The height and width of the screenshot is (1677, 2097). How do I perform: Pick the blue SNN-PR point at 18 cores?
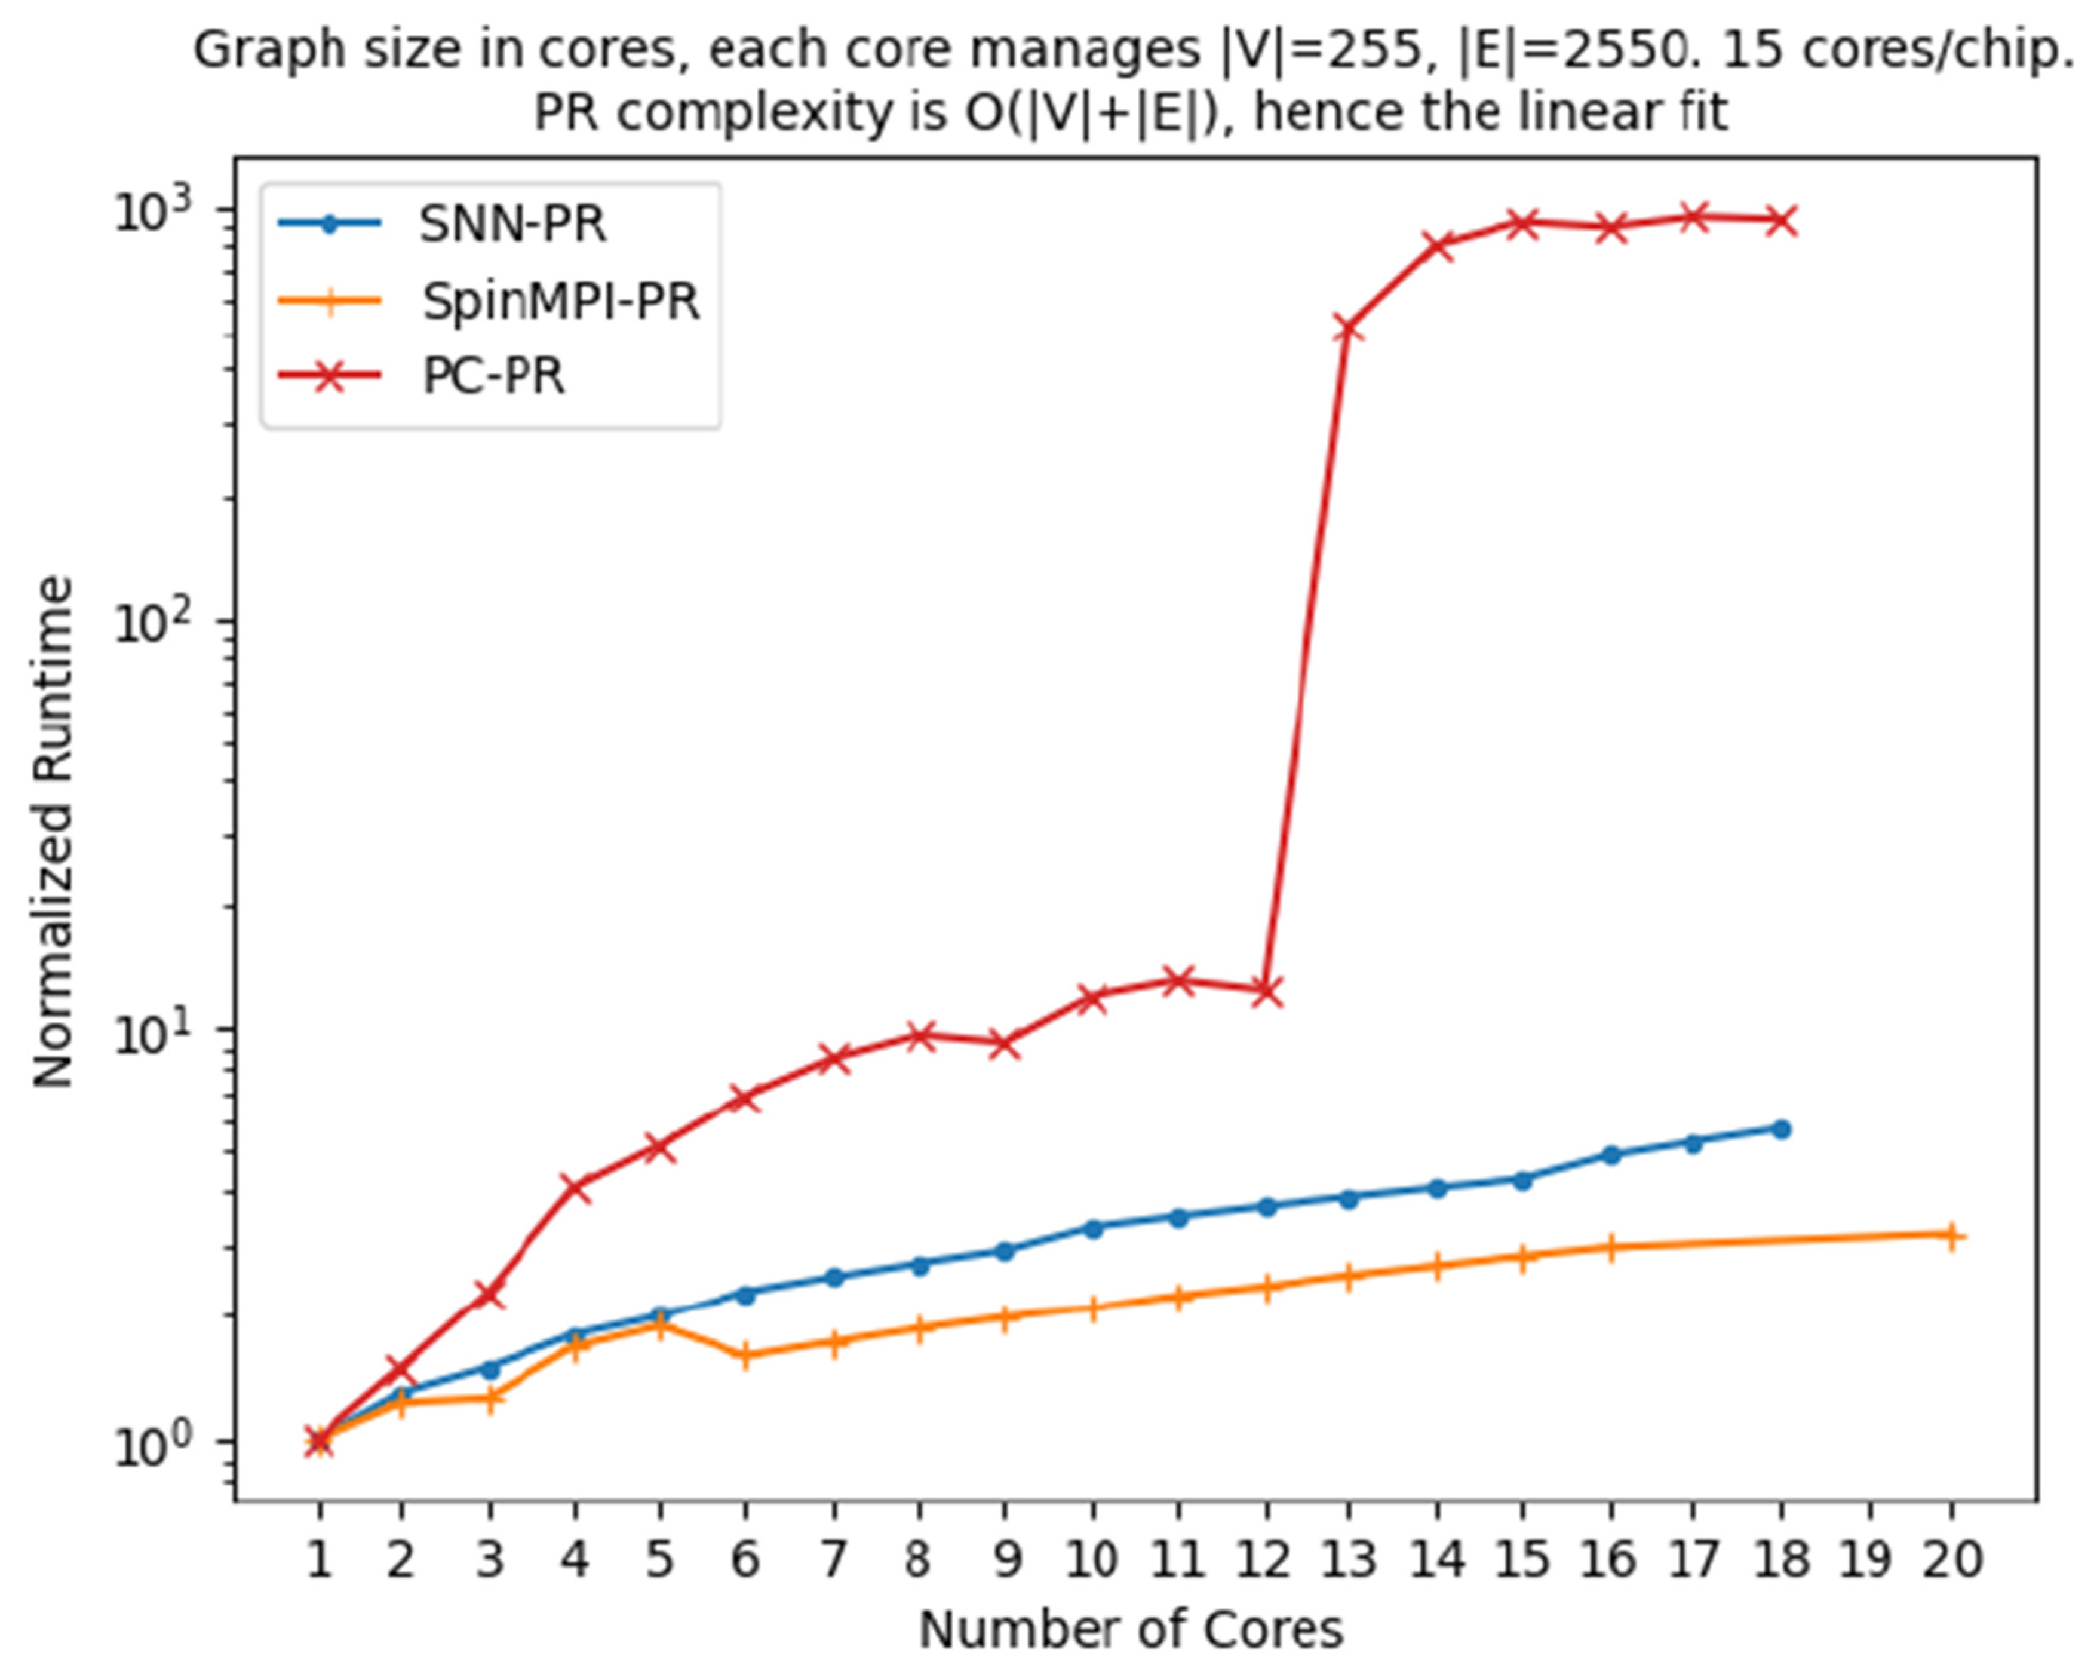click(1782, 1129)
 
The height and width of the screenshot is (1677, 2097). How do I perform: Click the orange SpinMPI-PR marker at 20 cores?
click(1951, 1236)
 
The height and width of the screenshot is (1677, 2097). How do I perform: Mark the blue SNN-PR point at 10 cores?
click(1093, 1228)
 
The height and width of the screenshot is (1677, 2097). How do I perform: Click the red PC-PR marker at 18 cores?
click(1782, 221)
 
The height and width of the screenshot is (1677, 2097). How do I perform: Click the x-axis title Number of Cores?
click(1131, 1629)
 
